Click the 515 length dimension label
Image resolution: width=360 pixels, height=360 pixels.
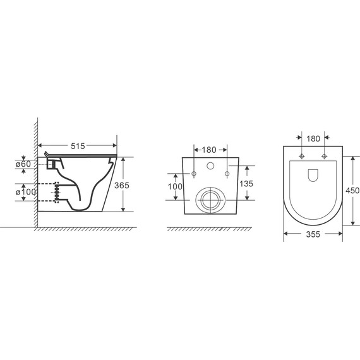coord(78,146)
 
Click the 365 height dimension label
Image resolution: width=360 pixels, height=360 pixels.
coord(122,185)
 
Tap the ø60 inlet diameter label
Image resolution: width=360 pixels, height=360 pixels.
coord(23,164)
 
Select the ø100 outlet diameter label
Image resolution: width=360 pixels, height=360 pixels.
coord(26,192)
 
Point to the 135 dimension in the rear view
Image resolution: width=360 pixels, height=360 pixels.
coord(246,184)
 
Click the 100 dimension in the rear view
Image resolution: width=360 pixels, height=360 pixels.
coord(175,187)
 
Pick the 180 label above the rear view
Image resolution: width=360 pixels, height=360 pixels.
coord(209,150)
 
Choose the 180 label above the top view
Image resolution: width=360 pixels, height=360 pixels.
coord(313,139)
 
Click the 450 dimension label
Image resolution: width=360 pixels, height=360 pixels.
coord(352,190)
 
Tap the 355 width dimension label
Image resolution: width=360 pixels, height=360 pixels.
coord(313,234)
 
